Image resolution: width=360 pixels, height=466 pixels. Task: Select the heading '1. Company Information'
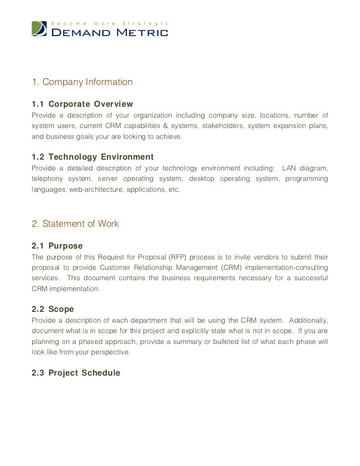pyautogui.click(x=82, y=82)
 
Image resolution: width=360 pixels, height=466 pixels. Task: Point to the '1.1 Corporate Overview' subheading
pyautogui.click(x=82, y=104)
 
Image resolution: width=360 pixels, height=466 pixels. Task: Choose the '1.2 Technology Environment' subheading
pyautogui.click(x=92, y=157)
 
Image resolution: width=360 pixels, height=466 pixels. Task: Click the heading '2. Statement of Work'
pyautogui.click(x=75, y=224)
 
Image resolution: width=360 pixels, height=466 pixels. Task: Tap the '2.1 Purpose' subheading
pyautogui.click(x=57, y=246)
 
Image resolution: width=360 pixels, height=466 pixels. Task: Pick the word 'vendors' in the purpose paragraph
pyautogui.click(x=257, y=257)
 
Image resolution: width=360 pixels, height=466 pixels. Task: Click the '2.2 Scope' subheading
pyautogui.click(x=52, y=309)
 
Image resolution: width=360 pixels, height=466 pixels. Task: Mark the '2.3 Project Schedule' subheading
pyautogui.click(x=76, y=373)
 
